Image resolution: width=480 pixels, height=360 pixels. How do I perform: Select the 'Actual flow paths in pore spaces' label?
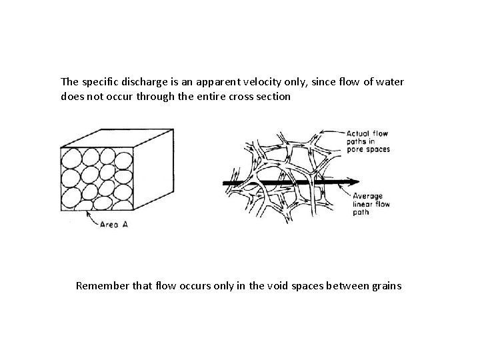[x=367, y=141]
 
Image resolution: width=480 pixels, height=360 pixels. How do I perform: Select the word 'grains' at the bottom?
[x=386, y=287]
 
